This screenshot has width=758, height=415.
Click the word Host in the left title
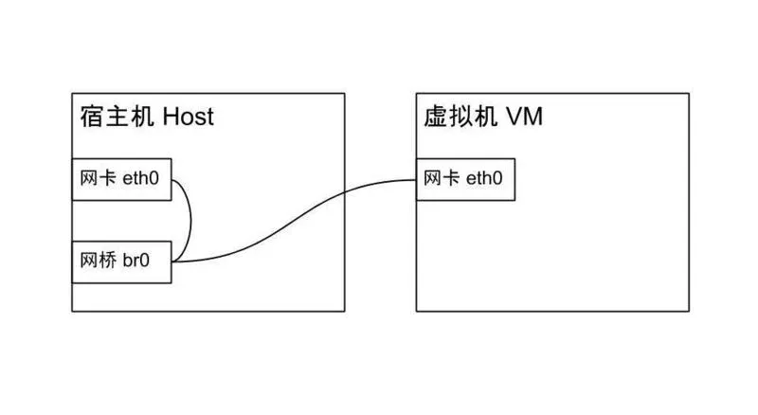pos(189,117)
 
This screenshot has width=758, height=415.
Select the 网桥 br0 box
pos(122,262)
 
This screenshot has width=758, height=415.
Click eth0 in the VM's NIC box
pos(484,179)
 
